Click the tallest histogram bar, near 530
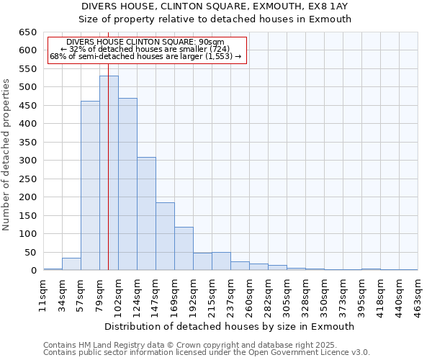tap(109, 173)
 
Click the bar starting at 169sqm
tap(184, 248)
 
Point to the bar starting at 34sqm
tap(71, 264)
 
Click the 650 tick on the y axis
tap(28, 32)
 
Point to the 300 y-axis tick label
tap(28, 161)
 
